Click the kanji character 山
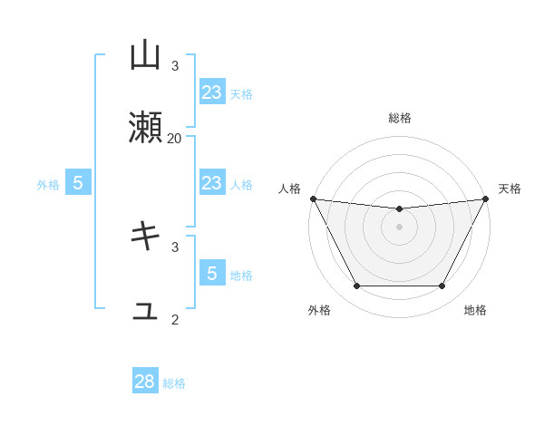point(145,57)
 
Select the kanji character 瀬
point(145,129)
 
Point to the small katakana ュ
point(145,311)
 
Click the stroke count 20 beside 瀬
point(174,138)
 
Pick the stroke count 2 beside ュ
point(174,318)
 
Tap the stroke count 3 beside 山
point(174,66)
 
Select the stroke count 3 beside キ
point(174,246)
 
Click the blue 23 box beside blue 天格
point(211,92)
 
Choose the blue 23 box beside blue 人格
point(211,183)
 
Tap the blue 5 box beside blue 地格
point(211,274)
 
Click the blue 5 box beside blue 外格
point(78,183)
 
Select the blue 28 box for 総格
point(145,382)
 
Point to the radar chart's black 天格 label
point(510,189)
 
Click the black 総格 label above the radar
point(400,118)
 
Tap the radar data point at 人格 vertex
point(314,198)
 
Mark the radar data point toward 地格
point(442,286)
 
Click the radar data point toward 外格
point(356,286)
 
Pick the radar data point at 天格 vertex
point(486,198)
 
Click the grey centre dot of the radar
point(399,227)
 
